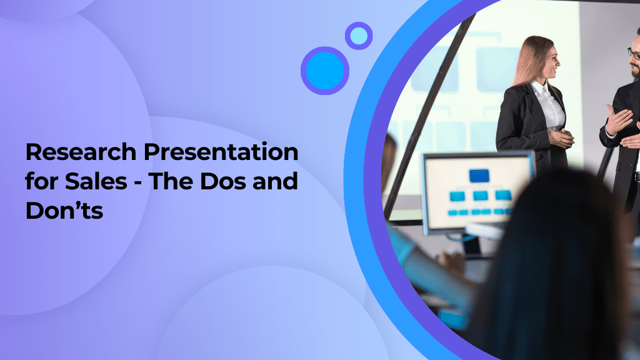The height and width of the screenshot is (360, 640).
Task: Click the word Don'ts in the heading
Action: (x=64, y=211)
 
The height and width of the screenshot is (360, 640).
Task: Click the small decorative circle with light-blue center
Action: (x=359, y=36)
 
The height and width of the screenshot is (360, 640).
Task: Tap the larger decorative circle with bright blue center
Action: (x=325, y=71)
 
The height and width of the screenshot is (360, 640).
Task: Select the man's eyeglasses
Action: (x=633, y=54)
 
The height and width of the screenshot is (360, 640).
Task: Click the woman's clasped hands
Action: (x=560, y=136)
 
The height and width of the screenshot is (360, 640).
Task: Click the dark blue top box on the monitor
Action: (x=479, y=176)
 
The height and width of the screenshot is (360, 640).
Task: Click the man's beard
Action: (x=634, y=71)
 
